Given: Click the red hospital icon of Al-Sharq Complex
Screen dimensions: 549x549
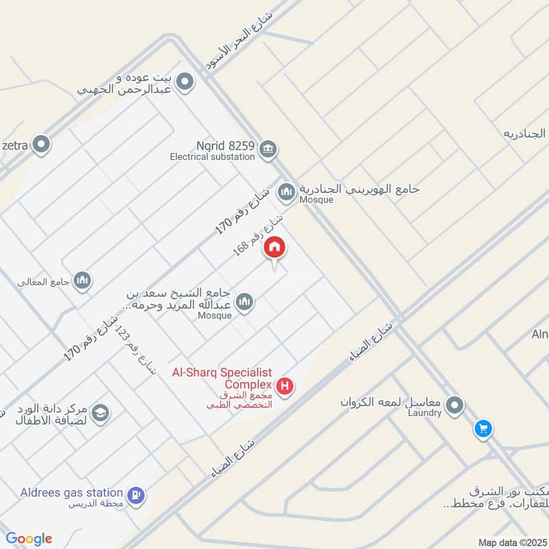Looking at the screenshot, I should coord(285,386).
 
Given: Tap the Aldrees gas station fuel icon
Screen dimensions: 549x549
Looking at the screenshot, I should coord(136,495).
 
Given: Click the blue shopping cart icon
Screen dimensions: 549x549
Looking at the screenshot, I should coord(484,430).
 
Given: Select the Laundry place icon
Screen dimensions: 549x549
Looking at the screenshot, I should coord(454,406).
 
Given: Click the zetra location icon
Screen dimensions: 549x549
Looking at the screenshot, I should coord(42,145).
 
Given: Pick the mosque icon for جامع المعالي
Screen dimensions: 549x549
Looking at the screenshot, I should coord(82,280).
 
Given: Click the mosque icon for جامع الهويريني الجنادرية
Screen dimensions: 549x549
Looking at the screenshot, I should coord(286,191).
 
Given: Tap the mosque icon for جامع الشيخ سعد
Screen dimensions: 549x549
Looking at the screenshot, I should coord(244,301).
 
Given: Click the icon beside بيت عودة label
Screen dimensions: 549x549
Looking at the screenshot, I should coord(184,84).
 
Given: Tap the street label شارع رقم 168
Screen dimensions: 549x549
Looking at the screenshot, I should coord(257,235).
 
